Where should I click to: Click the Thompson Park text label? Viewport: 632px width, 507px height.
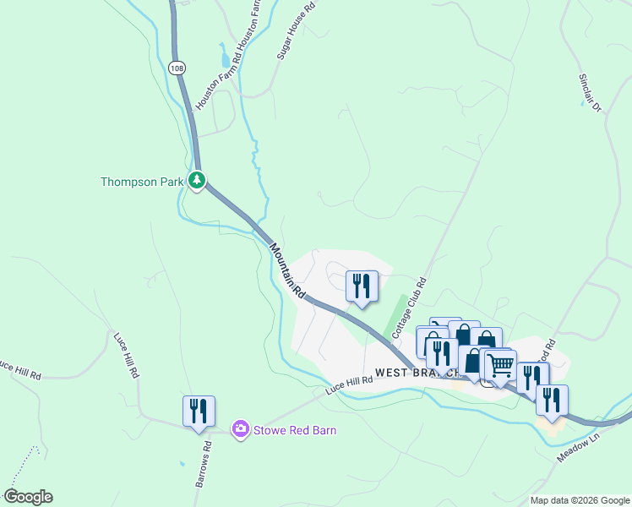pos(141,182)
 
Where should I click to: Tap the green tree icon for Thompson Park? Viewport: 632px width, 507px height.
pos(197,180)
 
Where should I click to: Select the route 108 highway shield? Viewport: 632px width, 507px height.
pos(176,68)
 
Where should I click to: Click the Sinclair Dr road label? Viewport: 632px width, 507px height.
pos(589,92)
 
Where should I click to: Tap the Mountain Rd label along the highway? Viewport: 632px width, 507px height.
pos(287,270)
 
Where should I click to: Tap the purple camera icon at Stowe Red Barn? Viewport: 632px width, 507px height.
pos(242,430)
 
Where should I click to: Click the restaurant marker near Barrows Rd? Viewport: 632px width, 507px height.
pos(199,412)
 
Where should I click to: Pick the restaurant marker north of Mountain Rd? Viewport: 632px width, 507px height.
pos(362,286)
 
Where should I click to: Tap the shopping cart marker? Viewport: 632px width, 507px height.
pos(500,365)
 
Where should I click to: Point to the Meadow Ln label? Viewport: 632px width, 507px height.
pos(578,448)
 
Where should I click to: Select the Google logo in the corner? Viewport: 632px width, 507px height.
pos(28,497)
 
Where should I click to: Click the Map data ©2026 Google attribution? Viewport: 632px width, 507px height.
pos(580,500)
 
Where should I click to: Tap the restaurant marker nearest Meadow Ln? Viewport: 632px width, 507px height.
pos(552,401)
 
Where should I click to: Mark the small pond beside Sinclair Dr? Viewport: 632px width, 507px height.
pos(583,103)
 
